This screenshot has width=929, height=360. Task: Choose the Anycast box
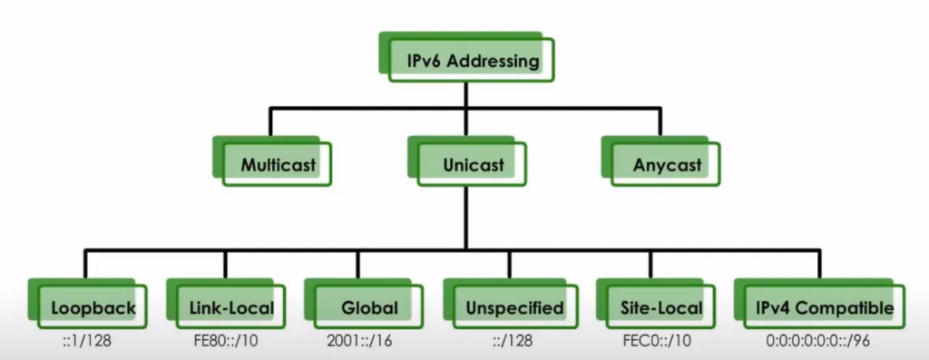(664, 165)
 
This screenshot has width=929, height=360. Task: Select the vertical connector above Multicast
(269, 122)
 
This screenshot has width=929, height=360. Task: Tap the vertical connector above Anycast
(663, 122)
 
